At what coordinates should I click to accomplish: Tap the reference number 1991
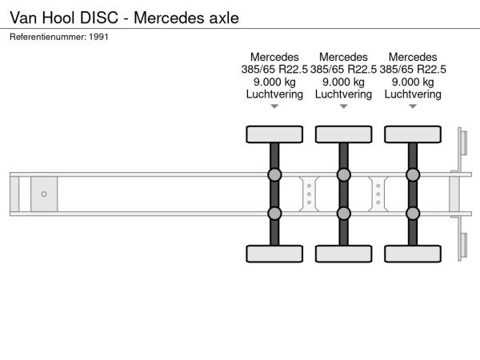100,36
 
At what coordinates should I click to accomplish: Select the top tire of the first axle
274,134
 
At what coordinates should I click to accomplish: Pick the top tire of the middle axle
343,134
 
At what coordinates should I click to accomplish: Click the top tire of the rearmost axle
413,134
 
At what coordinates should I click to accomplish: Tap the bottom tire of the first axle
274,254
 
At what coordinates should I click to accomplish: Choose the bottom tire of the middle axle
343,254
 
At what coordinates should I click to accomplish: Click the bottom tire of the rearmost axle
413,254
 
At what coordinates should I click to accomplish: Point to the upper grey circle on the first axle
274,175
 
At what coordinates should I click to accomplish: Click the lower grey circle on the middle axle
343,213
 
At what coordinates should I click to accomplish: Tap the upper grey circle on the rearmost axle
413,175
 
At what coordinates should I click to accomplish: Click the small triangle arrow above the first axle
274,106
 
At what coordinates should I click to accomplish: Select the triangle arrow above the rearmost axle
413,106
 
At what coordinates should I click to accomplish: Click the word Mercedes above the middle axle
343,58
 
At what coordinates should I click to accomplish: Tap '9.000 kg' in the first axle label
274,82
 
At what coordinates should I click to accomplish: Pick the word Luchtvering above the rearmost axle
413,94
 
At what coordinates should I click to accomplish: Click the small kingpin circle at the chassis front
44,194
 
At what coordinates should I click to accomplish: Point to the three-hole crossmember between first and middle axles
309,194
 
